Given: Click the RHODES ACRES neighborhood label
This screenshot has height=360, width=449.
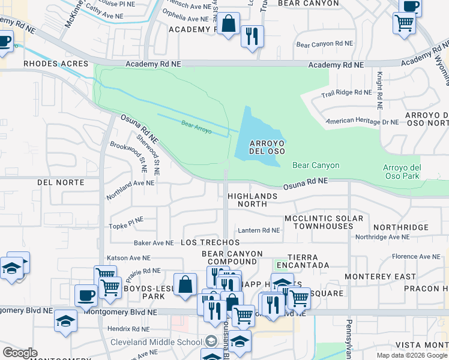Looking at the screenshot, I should point(56,64).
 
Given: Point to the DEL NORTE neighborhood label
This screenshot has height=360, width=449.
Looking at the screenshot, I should point(61,182).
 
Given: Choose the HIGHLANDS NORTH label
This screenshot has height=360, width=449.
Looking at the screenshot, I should point(253,200).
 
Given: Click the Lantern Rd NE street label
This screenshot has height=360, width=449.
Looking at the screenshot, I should point(259,230).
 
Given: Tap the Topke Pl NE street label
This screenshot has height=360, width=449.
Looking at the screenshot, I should point(125,225).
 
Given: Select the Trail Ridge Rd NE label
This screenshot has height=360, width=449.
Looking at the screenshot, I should point(346,92).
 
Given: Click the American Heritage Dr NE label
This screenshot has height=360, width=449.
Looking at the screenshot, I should point(362,122).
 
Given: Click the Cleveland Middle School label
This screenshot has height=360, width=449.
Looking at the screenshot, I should point(155,342).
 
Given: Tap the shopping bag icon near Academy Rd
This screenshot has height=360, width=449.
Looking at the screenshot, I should point(229,25).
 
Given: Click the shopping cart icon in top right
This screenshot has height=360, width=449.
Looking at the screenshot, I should point(405,23).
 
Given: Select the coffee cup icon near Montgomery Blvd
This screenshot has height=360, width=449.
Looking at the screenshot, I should point(86,295).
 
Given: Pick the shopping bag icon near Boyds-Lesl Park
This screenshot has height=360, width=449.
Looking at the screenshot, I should point(185,284).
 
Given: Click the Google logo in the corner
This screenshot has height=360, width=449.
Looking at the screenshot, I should point(20,353).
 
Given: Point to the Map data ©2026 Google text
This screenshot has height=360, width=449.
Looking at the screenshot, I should point(411,355).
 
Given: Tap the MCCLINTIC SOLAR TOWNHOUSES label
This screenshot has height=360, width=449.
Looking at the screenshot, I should point(327,222).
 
